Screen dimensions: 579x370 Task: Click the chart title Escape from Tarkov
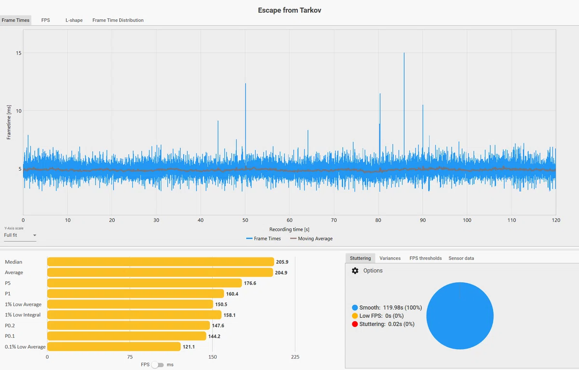click(289, 10)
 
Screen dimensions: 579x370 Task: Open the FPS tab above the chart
click(45, 20)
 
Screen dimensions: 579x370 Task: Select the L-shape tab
click(74, 20)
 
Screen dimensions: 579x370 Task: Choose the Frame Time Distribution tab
click(118, 20)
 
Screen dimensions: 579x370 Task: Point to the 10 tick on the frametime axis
click(19, 111)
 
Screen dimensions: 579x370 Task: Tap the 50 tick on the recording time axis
click(245, 220)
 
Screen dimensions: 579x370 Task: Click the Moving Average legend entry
click(312, 238)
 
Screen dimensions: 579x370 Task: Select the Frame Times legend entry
click(263, 238)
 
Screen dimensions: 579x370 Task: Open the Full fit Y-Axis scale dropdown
click(20, 235)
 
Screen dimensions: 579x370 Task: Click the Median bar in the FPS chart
click(161, 262)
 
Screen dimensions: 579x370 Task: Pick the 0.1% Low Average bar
click(114, 346)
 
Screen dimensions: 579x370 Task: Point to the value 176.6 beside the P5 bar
click(250, 283)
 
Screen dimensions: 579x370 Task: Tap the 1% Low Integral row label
click(23, 315)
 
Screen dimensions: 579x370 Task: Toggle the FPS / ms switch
click(157, 365)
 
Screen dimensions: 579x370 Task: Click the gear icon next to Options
click(355, 271)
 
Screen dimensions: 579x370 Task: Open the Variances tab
click(390, 258)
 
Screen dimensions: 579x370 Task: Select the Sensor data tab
click(461, 258)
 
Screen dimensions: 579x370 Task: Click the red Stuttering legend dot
click(355, 324)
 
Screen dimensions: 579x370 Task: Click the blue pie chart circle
click(460, 316)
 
